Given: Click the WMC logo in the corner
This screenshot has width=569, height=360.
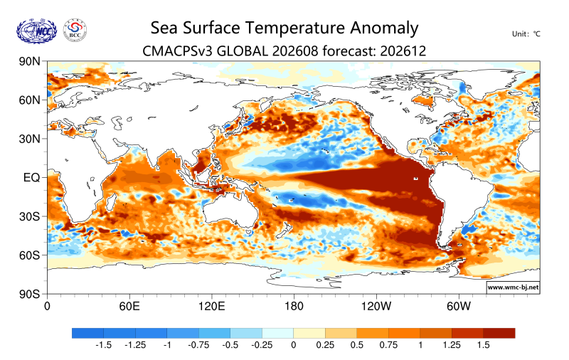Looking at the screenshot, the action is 37,31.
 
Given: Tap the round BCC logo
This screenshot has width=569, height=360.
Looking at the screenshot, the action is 75,30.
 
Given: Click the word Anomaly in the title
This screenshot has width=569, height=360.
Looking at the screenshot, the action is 384,28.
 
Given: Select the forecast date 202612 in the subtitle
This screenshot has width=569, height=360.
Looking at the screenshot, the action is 403,51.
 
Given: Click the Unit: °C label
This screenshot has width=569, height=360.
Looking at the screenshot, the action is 526,34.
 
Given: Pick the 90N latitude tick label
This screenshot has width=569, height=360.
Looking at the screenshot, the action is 30,61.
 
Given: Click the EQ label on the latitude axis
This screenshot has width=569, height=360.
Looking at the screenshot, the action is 31,177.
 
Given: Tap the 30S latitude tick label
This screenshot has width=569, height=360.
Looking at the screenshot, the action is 30,216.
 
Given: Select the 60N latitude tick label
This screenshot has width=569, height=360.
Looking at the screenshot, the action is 30,100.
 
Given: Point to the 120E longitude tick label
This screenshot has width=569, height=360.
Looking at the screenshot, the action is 211,307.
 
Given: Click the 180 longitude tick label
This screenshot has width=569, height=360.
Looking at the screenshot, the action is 294,307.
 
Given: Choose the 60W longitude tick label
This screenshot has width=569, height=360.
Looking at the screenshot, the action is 459,307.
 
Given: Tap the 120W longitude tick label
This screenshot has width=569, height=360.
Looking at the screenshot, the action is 376,307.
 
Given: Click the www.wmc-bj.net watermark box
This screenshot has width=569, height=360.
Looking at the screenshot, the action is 513,287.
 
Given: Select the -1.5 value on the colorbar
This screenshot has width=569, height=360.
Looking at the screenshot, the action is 103,345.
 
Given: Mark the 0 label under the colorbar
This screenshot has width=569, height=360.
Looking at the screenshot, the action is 294,345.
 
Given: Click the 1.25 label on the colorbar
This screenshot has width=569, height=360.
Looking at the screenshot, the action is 452,345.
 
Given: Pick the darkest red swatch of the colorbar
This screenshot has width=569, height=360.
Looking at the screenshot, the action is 499,333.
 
